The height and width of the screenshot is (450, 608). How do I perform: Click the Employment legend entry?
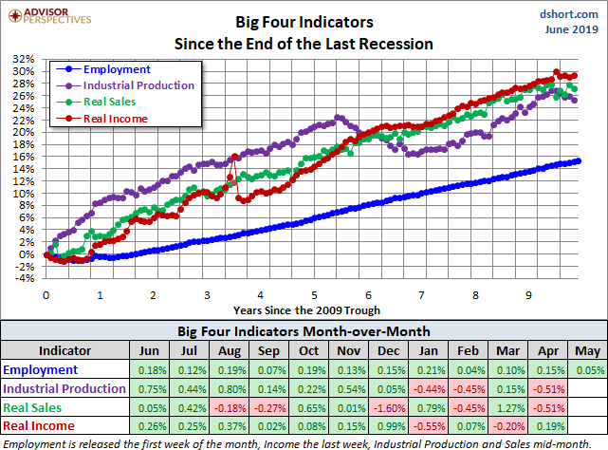[117, 69]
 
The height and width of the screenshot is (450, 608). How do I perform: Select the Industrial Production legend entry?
[138, 85]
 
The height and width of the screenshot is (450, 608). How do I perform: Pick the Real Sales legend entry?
[109, 102]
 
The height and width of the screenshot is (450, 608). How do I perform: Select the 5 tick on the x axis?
[313, 294]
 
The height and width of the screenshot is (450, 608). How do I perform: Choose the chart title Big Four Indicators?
[304, 21]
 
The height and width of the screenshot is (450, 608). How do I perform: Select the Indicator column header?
[64, 348]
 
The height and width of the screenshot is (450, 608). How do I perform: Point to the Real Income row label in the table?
[38, 426]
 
